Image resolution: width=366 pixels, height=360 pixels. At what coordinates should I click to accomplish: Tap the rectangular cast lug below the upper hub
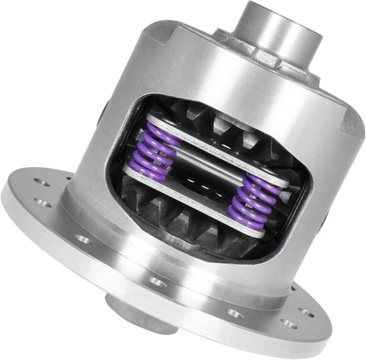[x=266, y=57]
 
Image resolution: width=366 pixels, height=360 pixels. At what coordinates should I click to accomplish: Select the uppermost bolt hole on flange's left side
[x=40, y=182]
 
